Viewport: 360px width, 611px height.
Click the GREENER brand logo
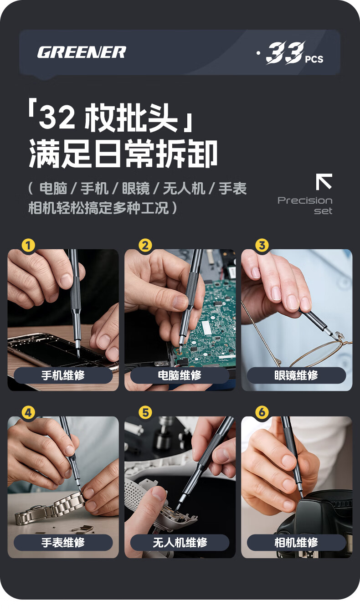82,52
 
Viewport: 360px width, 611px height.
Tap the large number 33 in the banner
285,53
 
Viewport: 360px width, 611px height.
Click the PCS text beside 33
314,59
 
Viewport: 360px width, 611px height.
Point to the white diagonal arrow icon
324,181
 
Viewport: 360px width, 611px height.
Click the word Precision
305,200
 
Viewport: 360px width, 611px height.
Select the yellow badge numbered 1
29,246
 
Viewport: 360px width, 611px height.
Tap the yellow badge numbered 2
145,246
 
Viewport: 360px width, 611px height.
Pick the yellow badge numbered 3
262,246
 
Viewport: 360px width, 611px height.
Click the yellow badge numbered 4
29,413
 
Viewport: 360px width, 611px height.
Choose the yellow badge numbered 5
145,413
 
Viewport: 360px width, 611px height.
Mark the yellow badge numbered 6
262,413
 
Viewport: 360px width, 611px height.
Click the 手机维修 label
63,375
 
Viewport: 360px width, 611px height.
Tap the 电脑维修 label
180,375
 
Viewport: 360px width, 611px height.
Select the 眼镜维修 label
297,375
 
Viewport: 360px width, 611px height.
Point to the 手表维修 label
63,543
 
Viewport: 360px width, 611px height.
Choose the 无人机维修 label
180,543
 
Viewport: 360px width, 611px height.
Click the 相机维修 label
297,543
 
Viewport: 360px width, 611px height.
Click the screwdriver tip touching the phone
78,356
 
